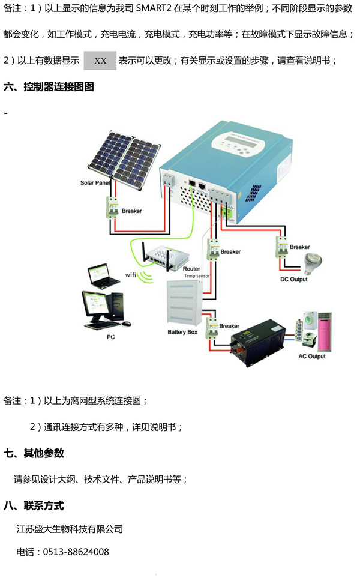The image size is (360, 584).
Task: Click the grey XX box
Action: click(100, 61)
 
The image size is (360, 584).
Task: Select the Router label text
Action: click(191, 269)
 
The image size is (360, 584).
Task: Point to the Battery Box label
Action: click(183, 331)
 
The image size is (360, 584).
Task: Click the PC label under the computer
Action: click(110, 337)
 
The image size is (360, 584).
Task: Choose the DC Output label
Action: click(294, 279)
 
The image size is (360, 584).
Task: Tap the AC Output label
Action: click(311, 356)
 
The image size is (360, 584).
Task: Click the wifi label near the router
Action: click(131, 275)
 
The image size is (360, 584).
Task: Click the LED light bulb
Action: click(311, 262)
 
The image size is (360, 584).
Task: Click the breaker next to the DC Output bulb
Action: click(281, 246)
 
